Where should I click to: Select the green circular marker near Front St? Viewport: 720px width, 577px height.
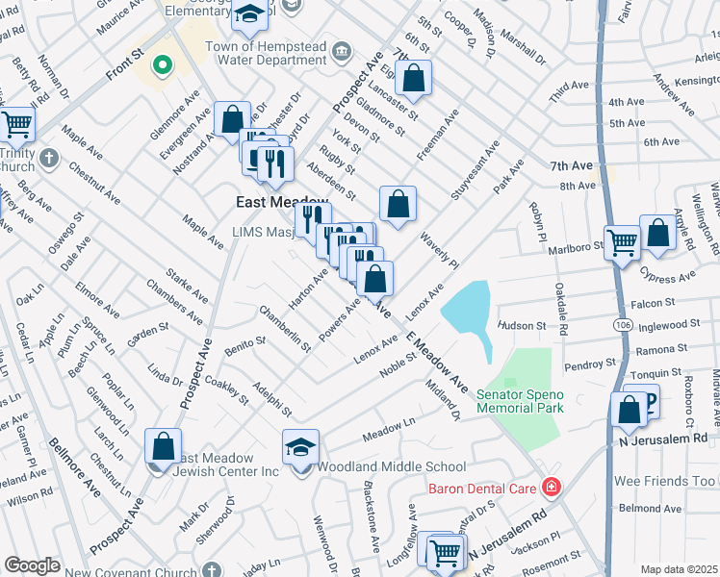click(163, 65)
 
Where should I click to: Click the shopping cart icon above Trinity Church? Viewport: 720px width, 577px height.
click(16, 124)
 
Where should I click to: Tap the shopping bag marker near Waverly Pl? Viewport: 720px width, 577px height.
click(398, 204)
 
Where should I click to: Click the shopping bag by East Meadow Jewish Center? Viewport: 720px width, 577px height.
click(163, 446)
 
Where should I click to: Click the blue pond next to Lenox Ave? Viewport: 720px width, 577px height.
click(466, 312)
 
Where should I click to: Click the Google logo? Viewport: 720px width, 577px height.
click(32, 565)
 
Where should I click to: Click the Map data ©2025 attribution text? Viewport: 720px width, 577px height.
click(679, 569)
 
